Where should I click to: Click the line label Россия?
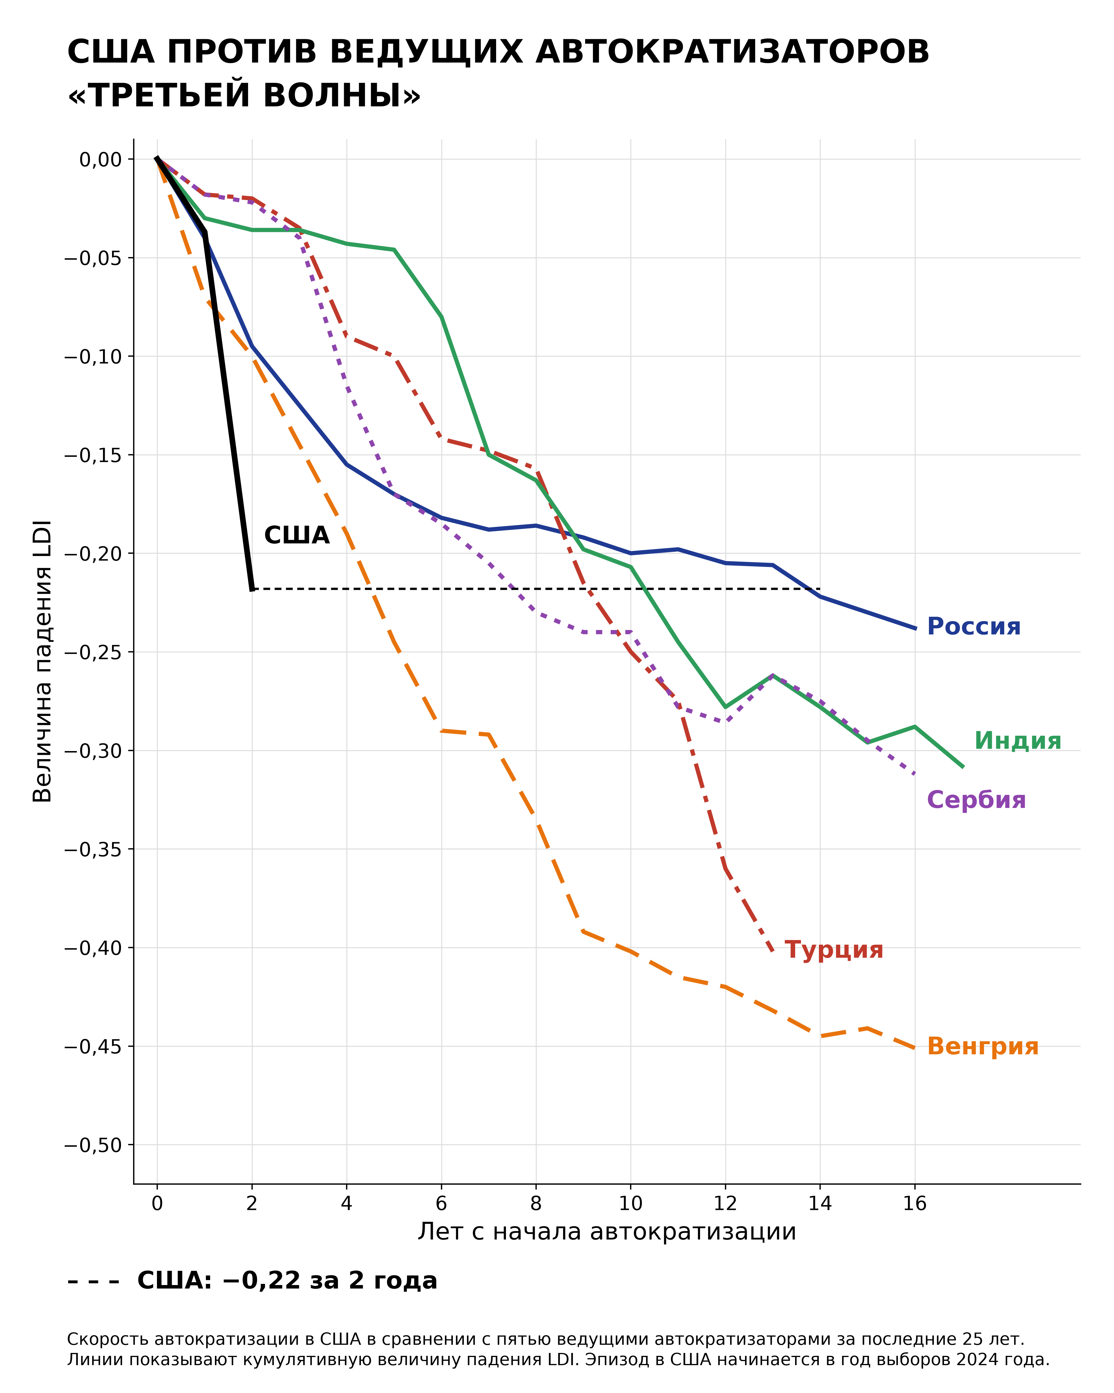973,627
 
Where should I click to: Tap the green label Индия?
1017,740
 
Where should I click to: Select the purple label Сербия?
976,800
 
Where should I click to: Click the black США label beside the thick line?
296,536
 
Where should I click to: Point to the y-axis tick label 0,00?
101,159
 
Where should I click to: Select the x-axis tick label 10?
631,1204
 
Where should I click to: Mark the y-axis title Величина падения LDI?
43,661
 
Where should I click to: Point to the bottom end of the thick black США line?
252,589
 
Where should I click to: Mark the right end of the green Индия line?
963,767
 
